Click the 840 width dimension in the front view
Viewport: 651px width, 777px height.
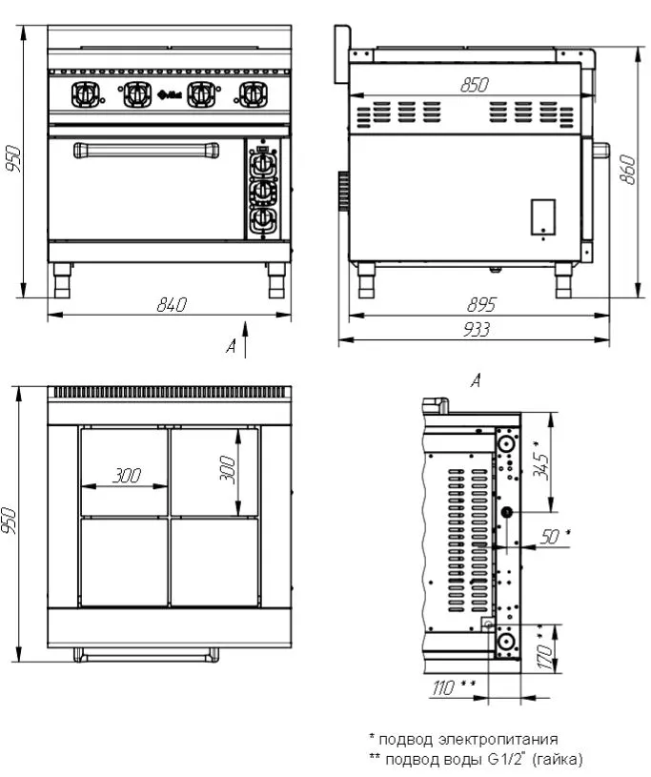(x=172, y=304)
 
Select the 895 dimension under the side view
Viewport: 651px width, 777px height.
(x=481, y=304)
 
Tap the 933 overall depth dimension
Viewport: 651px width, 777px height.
(x=477, y=330)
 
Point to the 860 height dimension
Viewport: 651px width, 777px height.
(x=628, y=170)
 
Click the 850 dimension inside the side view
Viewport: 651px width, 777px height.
(x=475, y=85)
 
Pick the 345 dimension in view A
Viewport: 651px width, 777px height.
(x=541, y=460)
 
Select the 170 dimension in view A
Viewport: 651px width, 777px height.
(x=545, y=650)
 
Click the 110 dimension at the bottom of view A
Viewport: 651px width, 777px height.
(x=454, y=687)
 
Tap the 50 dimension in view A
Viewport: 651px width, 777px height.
(x=555, y=536)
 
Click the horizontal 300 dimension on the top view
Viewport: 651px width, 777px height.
(x=127, y=476)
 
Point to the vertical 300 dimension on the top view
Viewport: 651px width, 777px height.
(x=228, y=469)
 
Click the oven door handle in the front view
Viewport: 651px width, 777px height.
(x=146, y=150)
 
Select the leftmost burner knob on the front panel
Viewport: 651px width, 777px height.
(x=85, y=94)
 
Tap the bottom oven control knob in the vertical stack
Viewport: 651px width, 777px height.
(x=262, y=220)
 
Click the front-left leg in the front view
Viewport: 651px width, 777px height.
(x=62, y=280)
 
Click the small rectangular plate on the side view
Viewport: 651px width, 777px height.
(x=543, y=217)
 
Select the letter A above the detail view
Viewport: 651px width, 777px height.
(x=476, y=381)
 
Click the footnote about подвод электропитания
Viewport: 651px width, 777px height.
(x=464, y=739)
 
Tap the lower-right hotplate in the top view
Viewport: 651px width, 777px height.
(x=214, y=562)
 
